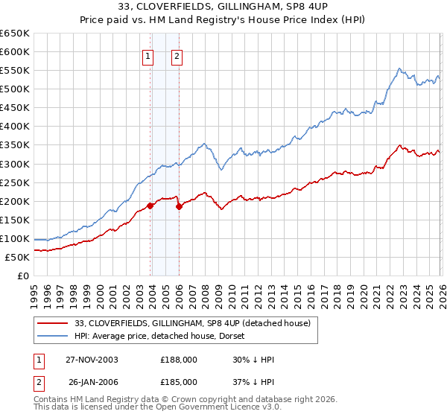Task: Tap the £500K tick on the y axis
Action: pos(14,89)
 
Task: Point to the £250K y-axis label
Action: pos(14,182)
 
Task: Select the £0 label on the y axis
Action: pos(23,276)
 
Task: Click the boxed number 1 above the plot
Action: pos(148,56)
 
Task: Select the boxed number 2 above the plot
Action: pos(177,56)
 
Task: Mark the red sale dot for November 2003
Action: pos(150,206)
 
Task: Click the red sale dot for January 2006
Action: pos(179,207)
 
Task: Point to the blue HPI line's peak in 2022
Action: pos(399,69)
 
